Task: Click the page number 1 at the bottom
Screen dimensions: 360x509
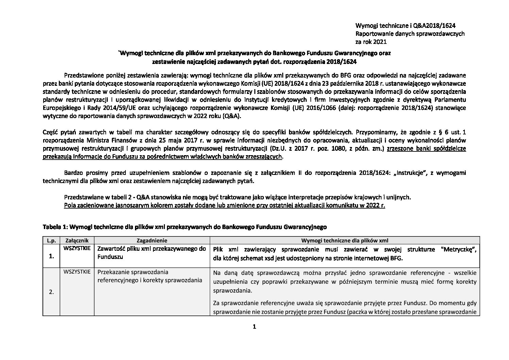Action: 254,327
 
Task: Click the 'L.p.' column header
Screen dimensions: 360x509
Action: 51,240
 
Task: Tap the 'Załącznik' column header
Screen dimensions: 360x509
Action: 77,240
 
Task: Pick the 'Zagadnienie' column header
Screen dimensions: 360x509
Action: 151,240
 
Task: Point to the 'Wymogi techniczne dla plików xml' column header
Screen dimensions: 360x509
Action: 344,240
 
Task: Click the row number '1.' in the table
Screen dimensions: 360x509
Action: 52,257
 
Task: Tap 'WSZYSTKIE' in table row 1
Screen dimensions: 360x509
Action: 77,248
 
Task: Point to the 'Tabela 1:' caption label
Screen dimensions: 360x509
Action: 54,226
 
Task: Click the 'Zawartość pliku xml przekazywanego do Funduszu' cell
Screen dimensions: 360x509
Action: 152,253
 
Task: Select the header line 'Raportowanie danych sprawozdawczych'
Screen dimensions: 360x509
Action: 410,34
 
